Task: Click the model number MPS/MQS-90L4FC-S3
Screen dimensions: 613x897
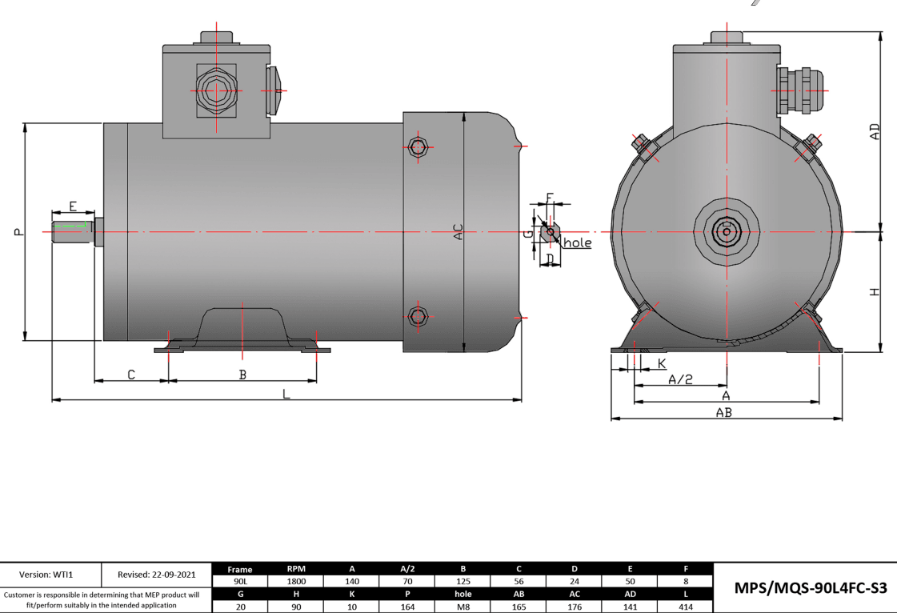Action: (x=804, y=588)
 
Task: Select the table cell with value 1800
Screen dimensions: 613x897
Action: (x=295, y=582)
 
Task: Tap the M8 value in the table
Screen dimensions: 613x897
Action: (x=463, y=607)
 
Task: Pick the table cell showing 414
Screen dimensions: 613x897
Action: (x=686, y=607)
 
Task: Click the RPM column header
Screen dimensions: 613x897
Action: (x=295, y=569)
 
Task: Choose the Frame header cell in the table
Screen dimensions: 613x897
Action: (x=240, y=570)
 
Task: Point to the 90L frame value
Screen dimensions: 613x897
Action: (x=240, y=582)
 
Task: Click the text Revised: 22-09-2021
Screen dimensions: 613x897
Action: (x=156, y=575)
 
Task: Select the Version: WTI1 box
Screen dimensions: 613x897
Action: (x=51, y=575)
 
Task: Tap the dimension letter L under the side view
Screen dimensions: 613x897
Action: (x=286, y=395)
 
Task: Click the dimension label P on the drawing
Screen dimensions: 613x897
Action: (x=18, y=232)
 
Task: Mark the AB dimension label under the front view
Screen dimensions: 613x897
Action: (x=723, y=413)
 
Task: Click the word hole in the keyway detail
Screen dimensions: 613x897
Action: (x=577, y=242)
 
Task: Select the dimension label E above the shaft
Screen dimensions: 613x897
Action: (x=73, y=206)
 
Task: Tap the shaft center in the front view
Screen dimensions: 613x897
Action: (x=726, y=232)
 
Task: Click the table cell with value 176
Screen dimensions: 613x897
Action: (x=575, y=607)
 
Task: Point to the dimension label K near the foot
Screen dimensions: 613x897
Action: (x=662, y=363)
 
